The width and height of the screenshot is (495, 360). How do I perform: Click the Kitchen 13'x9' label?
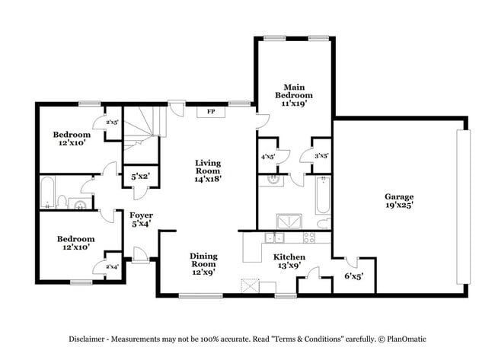(289, 262)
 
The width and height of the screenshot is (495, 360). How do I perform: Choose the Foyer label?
(140, 220)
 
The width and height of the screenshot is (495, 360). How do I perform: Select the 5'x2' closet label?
(140, 177)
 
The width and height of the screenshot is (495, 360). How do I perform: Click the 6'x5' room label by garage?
(353, 276)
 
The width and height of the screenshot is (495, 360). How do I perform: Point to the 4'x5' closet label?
(268, 157)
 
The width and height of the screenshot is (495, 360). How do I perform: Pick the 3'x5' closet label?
(321, 157)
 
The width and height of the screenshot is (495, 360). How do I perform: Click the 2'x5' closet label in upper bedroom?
(111, 122)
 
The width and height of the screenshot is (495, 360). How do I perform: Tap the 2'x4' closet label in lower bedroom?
(111, 266)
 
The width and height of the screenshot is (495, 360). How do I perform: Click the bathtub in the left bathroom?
(47, 193)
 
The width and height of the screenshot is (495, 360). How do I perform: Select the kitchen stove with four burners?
(310, 237)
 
